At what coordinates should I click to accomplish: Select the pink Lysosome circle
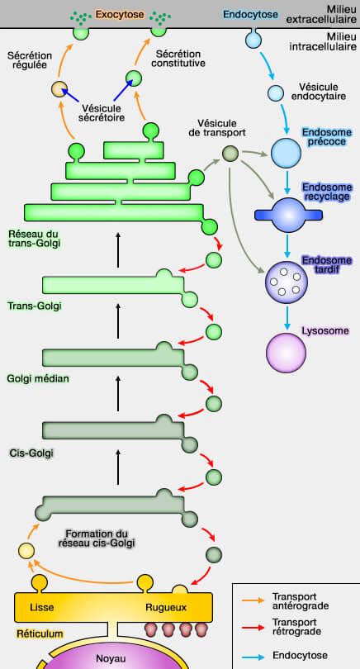tap(286, 353)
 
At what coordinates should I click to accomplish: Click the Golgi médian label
tap(38, 379)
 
